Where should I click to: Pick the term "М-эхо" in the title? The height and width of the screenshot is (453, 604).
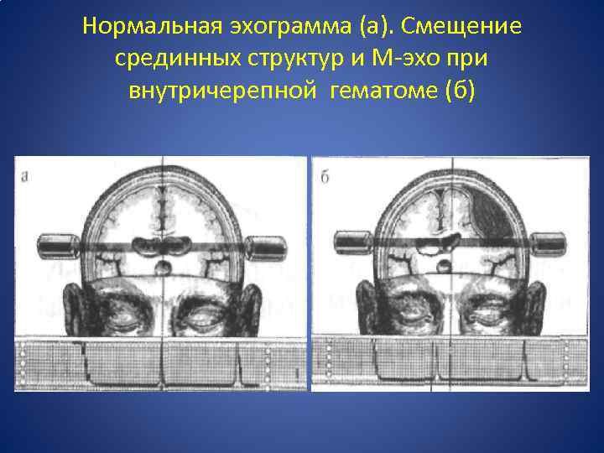coord(404,60)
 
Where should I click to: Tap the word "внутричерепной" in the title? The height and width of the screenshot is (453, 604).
coord(222,91)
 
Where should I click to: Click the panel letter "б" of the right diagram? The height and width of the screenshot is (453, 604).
coord(323,176)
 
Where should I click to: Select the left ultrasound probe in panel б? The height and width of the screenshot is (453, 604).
coord(354,244)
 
